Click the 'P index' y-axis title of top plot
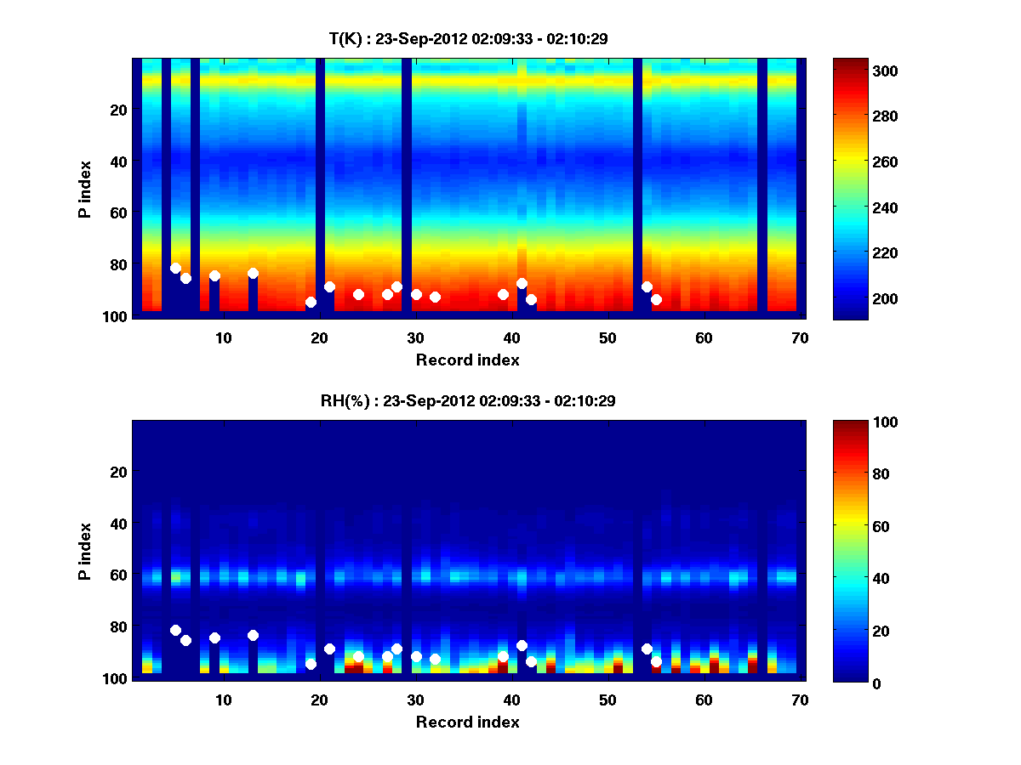click(x=85, y=189)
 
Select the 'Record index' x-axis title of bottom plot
click(x=467, y=722)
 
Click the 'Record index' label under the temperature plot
click(x=467, y=360)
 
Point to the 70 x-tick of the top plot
click(x=800, y=337)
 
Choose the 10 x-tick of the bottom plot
click(x=223, y=700)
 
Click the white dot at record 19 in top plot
click(x=311, y=302)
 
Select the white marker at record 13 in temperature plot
click(x=253, y=273)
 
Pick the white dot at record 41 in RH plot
click(x=522, y=645)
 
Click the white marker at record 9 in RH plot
click(x=214, y=637)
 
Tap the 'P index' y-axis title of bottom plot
click(x=85, y=551)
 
